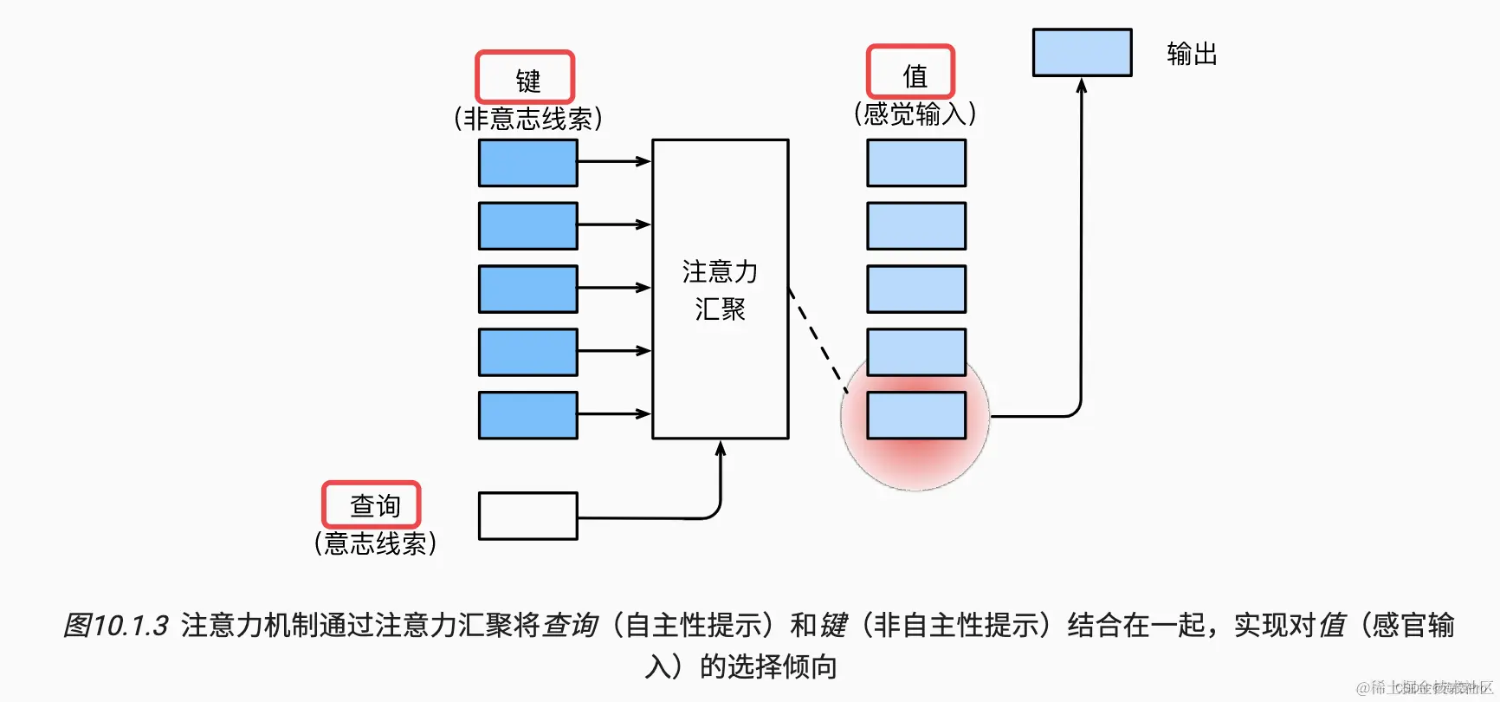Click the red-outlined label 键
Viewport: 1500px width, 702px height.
coord(525,78)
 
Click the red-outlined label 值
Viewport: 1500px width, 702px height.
coord(911,73)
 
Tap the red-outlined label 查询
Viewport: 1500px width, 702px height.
coord(372,504)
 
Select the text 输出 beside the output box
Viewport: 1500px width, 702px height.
coord(1192,54)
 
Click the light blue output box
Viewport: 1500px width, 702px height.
coord(1082,52)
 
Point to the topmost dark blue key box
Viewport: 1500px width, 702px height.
coord(527,163)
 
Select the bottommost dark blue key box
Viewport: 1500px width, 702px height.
coord(527,415)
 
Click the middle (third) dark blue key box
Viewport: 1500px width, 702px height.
coord(527,289)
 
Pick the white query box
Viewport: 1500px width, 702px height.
coord(527,516)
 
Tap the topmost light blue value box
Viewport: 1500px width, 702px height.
coord(916,163)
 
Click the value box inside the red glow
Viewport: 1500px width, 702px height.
coord(916,415)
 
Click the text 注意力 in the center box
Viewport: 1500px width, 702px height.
coord(720,272)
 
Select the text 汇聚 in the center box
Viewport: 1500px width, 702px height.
coord(720,309)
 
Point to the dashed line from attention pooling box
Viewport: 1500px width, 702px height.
coord(818,342)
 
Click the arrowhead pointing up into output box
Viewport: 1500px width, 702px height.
coord(1081,86)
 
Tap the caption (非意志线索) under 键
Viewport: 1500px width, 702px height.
coord(527,118)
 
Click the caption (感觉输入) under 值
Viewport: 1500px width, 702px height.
coord(915,114)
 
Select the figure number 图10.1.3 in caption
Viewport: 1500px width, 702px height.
coord(116,625)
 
